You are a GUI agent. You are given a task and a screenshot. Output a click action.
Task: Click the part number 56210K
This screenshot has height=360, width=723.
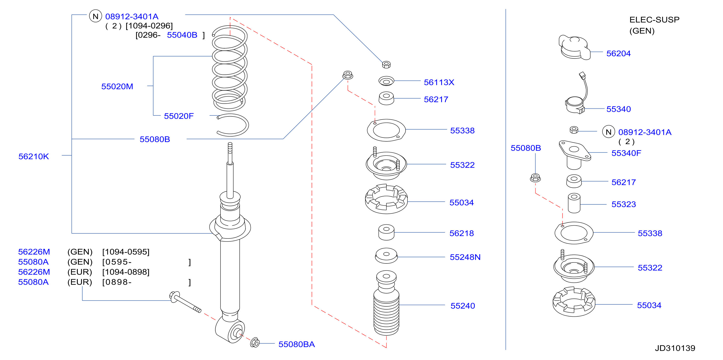[34, 156]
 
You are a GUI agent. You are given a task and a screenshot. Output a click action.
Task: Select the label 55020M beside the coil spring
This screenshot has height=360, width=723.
[117, 87]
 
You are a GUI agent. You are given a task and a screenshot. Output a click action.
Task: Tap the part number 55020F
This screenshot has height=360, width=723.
[179, 116]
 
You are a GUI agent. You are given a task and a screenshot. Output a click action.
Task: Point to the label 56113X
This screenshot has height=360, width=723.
[439, 82]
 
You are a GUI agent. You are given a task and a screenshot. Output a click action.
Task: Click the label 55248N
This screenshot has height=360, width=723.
[465, 257]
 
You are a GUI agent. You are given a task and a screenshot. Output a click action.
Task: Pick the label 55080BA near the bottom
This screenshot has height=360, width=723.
[296, 344]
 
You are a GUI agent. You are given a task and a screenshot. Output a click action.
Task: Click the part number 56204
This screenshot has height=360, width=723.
[618, 53]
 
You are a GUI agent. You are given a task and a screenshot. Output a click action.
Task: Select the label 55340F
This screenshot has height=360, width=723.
[626, 153]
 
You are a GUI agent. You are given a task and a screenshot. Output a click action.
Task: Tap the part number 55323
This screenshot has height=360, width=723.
[624, 204]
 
